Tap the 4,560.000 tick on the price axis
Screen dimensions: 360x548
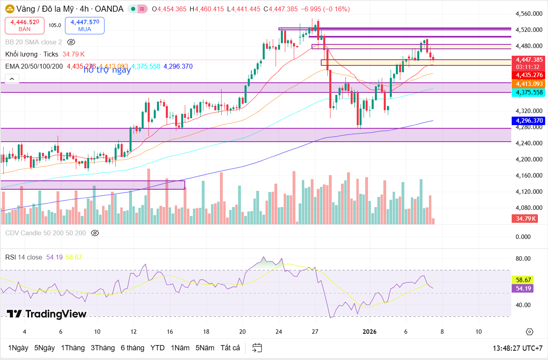coord(529,14)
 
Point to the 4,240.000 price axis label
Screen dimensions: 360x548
coord(529,143)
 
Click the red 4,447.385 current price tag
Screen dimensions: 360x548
coord(528,59)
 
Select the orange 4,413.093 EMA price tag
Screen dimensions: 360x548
coord(528,84)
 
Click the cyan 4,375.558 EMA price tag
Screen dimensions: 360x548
coord(528,92)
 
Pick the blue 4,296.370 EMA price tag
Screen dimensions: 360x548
coord(528,120)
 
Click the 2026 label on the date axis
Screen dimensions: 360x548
coord(370,332)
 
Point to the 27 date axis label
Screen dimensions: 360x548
coord(315,332)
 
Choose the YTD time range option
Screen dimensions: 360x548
coord(157,348)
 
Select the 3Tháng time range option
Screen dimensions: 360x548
coord(102,348)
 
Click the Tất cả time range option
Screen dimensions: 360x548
coord(230,348)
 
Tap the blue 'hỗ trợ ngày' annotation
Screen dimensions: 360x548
coord(107,70)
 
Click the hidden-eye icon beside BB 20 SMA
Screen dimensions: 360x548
coord(71,42)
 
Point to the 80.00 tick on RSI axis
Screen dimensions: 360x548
coord(523,259)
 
